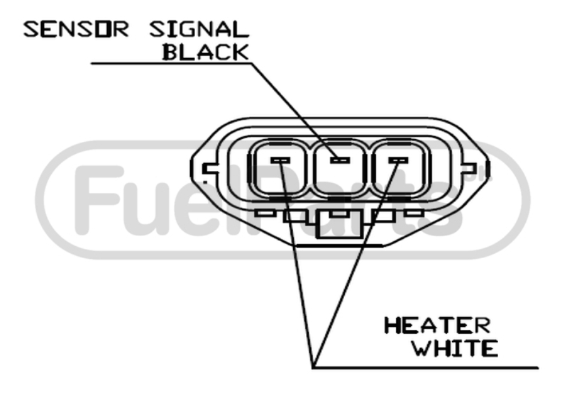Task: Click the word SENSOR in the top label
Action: click(x=76, y=30)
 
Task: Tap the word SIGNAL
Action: click(x=199, y=30)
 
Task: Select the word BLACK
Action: click(x=206, y=52)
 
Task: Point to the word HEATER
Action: click(x=437, y=326)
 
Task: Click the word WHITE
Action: click(x=455, y=348)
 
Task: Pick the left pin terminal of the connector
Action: click(x=280, y=160)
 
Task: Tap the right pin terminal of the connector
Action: click(x=398, y=160)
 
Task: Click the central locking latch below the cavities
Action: click(x=339, y=224)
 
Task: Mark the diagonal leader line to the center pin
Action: click(x=294, y=111)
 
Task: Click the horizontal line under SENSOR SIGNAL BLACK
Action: click(x=172, y=63)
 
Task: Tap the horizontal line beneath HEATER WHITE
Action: click(x=426, y=368)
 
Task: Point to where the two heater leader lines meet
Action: click(x=313, y=367)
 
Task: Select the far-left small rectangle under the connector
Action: click(x=265, y=213)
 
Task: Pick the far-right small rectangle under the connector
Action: click(x=414, y=213)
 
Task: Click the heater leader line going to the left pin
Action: click(x=297, y=264)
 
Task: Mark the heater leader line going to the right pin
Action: click(x=356, y=264)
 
